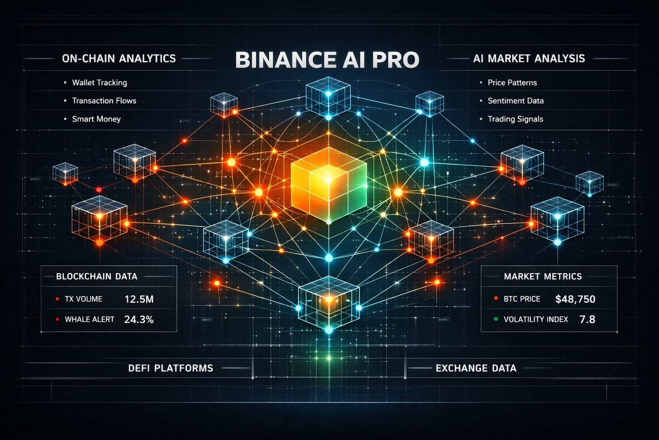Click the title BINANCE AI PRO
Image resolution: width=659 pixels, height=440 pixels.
327,60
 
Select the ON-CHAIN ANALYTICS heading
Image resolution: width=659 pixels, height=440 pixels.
119,58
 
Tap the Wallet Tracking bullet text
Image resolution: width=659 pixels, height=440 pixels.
100,82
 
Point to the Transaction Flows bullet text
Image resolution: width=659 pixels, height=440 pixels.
104,101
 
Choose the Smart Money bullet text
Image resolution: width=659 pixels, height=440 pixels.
97,119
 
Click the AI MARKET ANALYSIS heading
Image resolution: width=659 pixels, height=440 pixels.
529,58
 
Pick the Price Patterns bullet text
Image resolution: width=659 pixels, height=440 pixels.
512,82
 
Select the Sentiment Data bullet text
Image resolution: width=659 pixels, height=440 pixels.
516,101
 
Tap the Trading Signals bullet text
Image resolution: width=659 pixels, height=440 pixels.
515,119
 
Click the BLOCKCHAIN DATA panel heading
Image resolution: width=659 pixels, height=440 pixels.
97,276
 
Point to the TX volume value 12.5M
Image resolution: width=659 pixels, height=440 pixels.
139,299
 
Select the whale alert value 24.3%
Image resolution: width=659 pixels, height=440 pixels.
139,319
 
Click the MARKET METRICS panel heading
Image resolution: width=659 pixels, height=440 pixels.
543,276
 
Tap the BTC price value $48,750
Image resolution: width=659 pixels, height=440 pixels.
575,299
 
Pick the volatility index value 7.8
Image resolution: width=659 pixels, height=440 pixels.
587,319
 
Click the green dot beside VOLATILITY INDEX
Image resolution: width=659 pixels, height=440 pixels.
496,319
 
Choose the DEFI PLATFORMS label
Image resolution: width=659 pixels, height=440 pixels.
170,368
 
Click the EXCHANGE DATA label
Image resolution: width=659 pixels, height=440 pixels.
476,368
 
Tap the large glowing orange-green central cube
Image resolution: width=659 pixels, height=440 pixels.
329,184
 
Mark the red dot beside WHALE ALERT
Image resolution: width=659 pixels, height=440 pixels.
57,319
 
